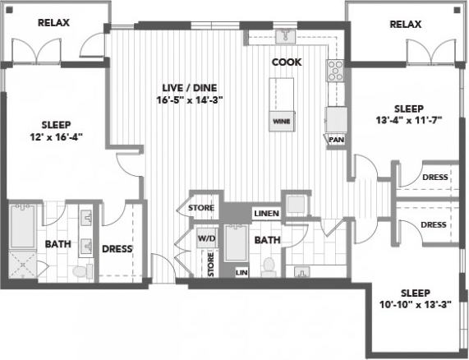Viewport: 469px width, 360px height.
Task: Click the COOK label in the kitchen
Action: coord(287,62)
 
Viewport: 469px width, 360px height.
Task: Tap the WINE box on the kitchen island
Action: coord(281,121)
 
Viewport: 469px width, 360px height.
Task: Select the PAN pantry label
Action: coord(335,140)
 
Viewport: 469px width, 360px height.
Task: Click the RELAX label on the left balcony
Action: coord(53,24)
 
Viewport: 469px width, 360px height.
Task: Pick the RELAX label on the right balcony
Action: coord(405,25)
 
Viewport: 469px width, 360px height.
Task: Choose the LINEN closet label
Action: coord(265,214)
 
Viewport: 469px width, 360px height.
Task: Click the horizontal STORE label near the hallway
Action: coord(201,208)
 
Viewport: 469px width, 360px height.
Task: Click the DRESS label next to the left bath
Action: coord(117,249)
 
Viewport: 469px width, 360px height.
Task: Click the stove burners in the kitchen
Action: coord(335,72)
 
